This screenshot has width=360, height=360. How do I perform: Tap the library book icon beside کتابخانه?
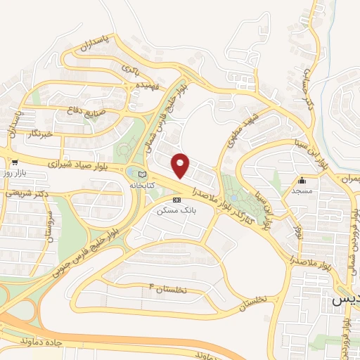pos(143,174)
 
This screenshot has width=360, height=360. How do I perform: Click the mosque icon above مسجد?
pos(302,179)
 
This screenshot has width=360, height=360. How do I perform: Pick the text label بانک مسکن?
pos(174,210)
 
